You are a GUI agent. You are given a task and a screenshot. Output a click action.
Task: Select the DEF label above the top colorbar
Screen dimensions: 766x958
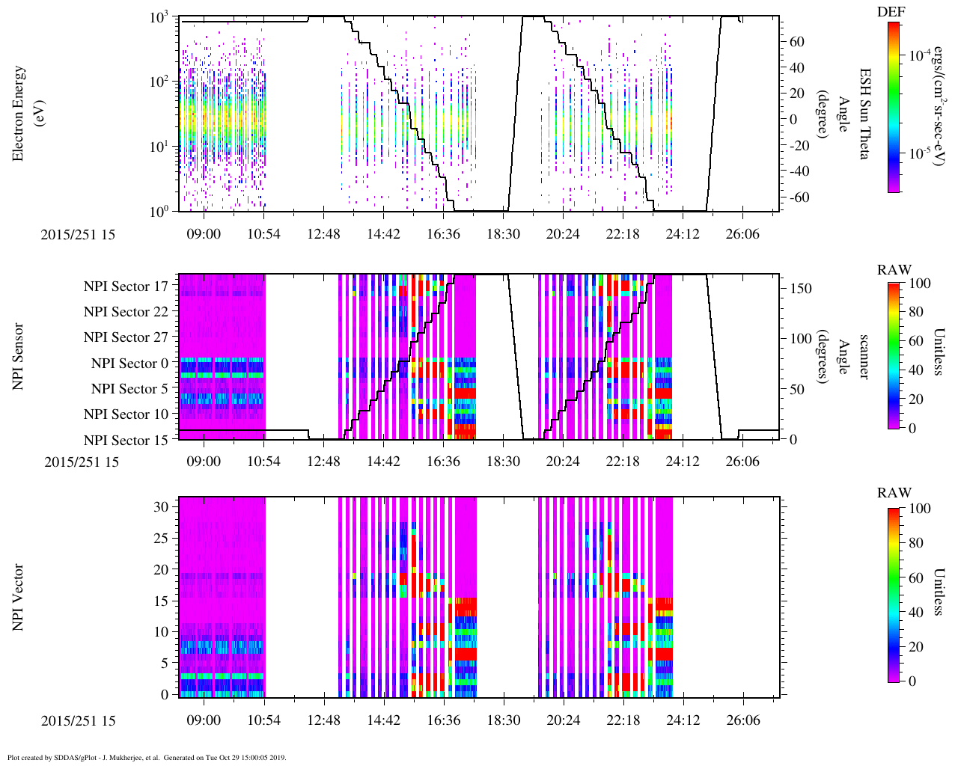(891, 12)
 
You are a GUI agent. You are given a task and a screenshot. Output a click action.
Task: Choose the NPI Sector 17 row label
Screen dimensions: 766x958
(126, 287)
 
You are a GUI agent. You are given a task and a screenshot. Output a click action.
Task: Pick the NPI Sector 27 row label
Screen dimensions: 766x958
(126, 337)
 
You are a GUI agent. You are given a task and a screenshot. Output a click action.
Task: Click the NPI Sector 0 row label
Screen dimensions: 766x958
(129, 364)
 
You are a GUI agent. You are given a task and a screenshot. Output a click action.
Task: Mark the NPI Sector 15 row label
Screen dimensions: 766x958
(126, 441)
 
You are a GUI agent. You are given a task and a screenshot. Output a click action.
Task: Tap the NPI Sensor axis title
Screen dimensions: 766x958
(19, 356)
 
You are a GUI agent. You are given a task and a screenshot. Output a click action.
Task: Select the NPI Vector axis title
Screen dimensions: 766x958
(19, 597)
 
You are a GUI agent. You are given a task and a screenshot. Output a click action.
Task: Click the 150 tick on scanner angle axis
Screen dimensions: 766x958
(801, 288)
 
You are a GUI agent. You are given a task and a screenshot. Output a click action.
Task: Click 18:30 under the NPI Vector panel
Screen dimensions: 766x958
(503, 720)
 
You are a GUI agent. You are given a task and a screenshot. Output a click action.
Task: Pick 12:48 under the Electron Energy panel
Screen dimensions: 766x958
(323, 234)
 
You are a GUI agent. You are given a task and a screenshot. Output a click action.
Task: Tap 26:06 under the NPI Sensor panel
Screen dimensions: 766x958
(742, 462)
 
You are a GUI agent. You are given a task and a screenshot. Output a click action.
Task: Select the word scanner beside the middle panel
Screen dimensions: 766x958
(863, 356)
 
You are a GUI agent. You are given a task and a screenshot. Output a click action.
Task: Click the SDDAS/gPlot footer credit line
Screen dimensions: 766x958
(147, 758)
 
